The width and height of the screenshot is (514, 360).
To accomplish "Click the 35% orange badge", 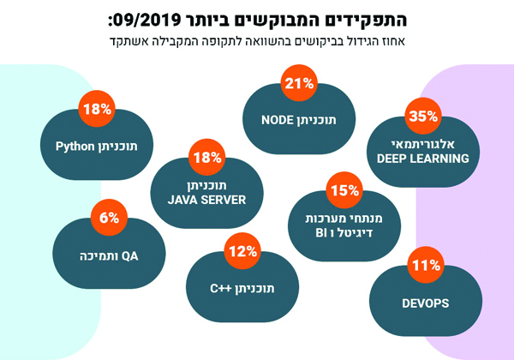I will (424, 115).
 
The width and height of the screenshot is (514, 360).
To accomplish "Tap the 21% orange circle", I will (299, 84).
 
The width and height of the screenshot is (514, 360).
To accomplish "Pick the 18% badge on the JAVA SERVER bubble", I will (207, 158).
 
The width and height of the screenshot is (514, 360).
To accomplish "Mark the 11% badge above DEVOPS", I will (424, 267).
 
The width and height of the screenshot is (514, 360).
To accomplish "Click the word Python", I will (74, 146).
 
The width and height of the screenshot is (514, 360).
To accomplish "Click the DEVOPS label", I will (425, 303).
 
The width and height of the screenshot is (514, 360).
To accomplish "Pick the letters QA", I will (130, 255).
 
